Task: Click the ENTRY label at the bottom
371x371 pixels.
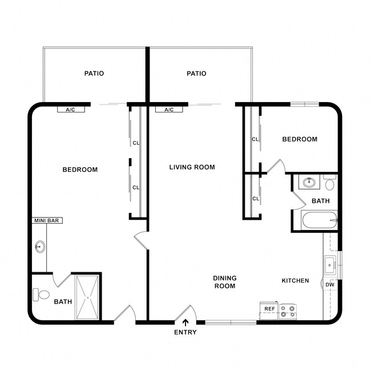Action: click(x=185, y=332)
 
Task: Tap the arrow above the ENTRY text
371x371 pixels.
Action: click(x=185, y=323)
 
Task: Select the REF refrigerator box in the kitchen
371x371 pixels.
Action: click(x=268, y=309)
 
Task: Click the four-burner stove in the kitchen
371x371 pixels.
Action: click(x=288, y=310)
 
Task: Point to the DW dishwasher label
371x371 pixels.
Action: click(x=330, y=284)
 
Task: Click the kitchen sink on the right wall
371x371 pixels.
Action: click(x=330, y=265)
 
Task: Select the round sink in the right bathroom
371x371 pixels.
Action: click(x=309, y=183)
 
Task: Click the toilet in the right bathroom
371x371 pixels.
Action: click(x=329, y=183)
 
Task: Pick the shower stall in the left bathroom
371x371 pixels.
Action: click(x=87, y=297)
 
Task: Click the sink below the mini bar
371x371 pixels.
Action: click(x=40, y=247)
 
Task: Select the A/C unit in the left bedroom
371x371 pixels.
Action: click(x=71, y=109)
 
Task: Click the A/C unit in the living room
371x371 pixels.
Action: click(x=169, y=109)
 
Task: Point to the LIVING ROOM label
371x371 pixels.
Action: click(x=192, y=167)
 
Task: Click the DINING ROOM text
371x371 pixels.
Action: click(x=225, y=282)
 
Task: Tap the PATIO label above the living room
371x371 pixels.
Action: click(x=196, y=73)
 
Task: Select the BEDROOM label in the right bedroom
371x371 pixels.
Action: click(x=300, y=139)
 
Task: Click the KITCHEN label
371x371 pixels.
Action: click(x=295, y=280)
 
